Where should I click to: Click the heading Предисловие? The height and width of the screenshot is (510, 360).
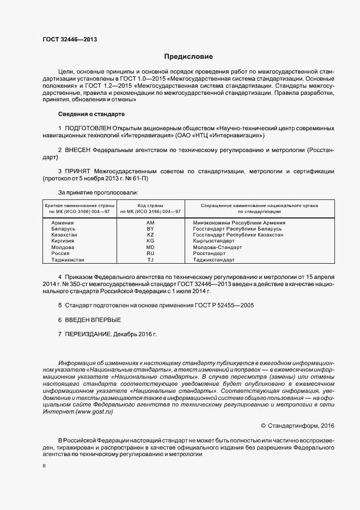click(188, 57)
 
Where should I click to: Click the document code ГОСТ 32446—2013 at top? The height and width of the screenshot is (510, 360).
click(70, 39)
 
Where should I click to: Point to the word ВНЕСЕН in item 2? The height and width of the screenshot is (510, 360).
click(78, 149)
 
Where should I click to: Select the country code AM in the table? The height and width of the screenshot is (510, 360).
click(150, 223)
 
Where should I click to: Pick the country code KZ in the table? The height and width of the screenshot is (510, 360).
click(150, 235)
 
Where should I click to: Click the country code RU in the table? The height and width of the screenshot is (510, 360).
click(150, 253)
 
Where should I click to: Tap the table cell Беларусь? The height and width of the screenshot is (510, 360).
click(63, 229)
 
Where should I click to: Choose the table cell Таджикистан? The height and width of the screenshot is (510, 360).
click(68, 259)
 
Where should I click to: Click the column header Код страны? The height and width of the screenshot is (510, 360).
click(150, 205)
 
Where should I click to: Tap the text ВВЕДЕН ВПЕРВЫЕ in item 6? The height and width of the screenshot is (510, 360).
click(93, 319)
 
